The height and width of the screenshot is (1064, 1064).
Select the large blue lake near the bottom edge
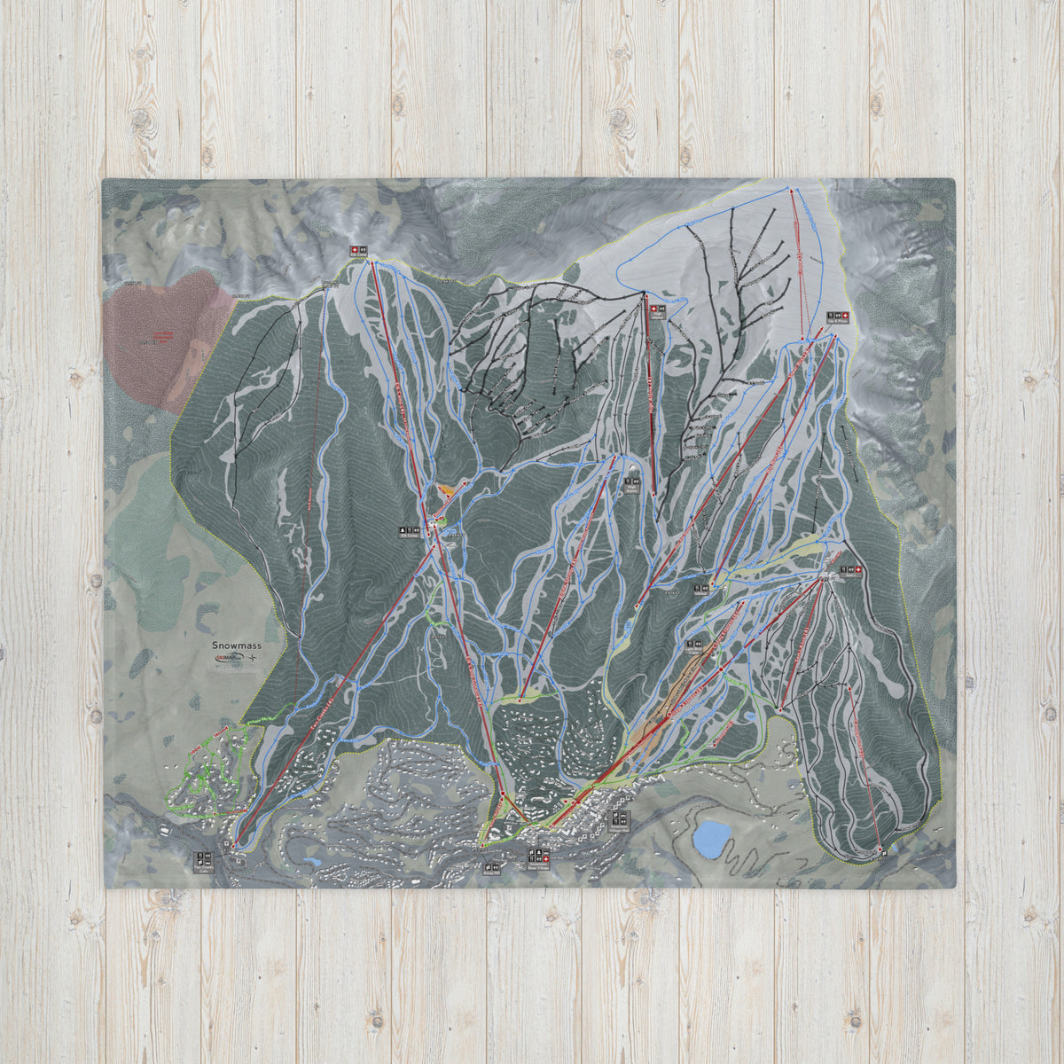click(x=712, y=837)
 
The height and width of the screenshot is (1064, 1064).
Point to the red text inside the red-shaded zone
click(x=161, y=336)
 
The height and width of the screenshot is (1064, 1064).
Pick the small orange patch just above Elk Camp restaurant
click(x=448, y=489)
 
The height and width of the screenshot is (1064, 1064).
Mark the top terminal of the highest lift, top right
click(x=791, y=188)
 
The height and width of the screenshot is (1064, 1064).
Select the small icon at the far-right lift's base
click(x=883, y=852)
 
